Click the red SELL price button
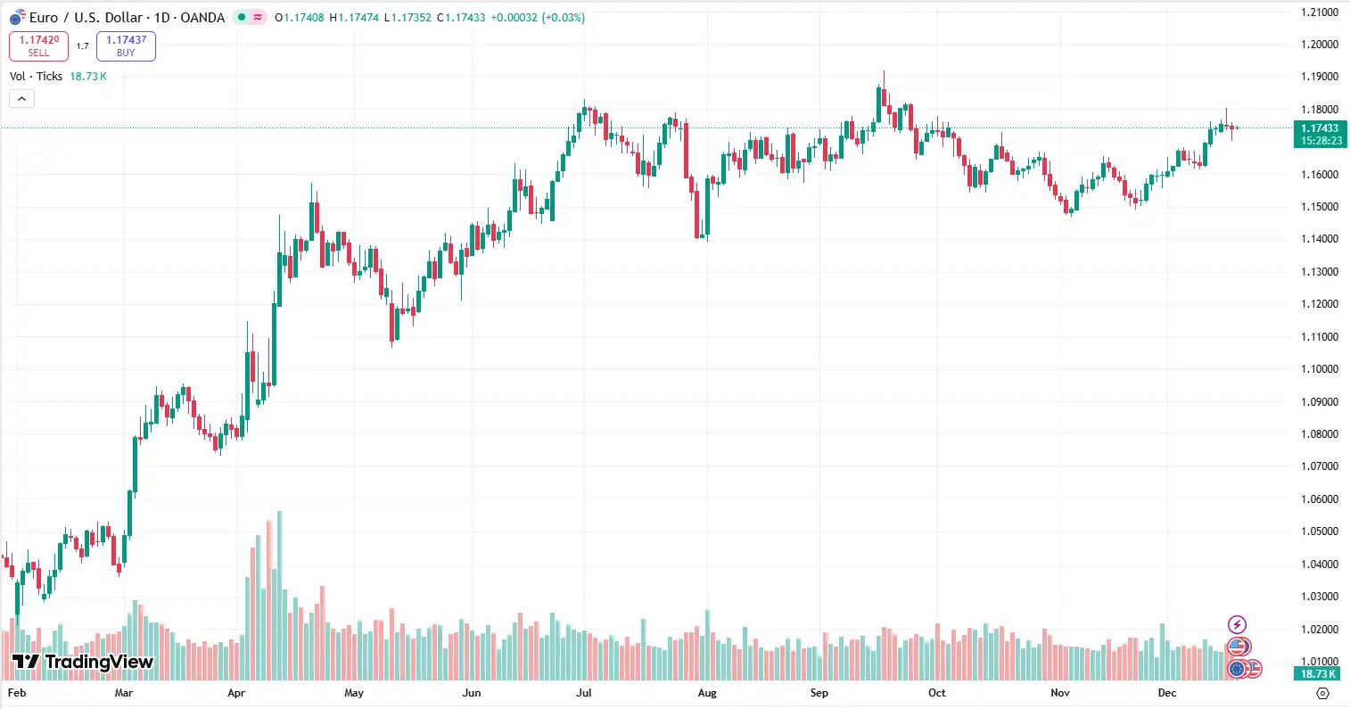[38, 46]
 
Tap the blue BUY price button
[126, 46]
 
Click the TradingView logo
[83, 662]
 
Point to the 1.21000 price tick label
[1320, 12]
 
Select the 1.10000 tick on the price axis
[1320, 369]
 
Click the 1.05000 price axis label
[1320, 532]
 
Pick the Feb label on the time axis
[17, 693]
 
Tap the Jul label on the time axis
[584, 693]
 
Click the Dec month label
[1167, 693]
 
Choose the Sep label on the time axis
[819, 693]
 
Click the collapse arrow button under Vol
[21, 99]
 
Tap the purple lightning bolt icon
[1237, 624]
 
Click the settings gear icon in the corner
[1322, 693]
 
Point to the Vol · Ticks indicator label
[36, 77]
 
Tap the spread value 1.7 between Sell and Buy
[82, 46]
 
